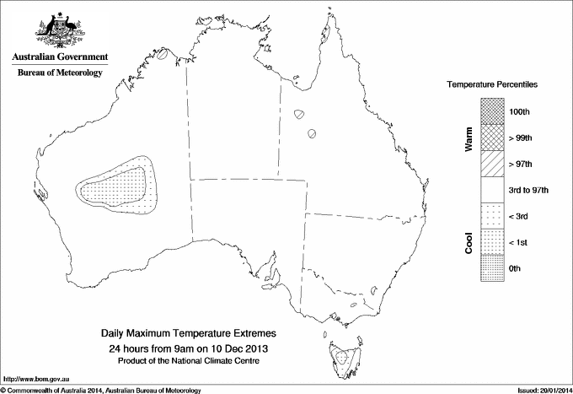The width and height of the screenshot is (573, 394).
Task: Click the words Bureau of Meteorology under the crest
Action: pyautogui.click(x=60, y=73)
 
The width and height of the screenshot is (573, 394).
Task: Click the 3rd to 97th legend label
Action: pyautogui.click(x=529, y=190)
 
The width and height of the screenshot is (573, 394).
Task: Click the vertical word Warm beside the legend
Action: pyautogui.click(x=468, y=140)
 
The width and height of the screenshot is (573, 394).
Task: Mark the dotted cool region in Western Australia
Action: pyautogui.click(x=119, y=186)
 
